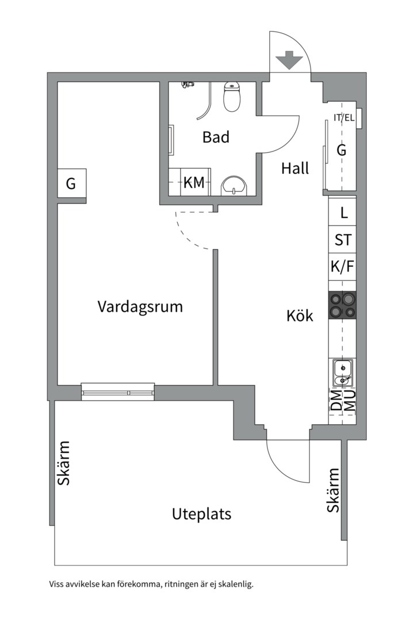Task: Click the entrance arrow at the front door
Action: tap(290, 60)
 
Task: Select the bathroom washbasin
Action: tap(234, 185)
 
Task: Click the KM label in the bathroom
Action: tap(194, 183)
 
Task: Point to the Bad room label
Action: tap(216, 137)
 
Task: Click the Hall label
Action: tap(295, 168)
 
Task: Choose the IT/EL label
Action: tap(344, 118)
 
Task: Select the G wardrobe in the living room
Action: tap(71, 184)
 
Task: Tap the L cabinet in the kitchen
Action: tap(344, 213)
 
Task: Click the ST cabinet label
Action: tap(343, 240)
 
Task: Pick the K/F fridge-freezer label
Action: tap(343, 267)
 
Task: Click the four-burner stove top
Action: tap(342, 305)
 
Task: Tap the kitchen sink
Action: tap(342, 373)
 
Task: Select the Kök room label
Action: tap(300, 315)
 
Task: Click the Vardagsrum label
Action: tap(140, 306)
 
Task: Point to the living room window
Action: tap(117, 392)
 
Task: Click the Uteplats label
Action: tap(201, 514)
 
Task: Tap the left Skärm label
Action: tap(64, 463)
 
